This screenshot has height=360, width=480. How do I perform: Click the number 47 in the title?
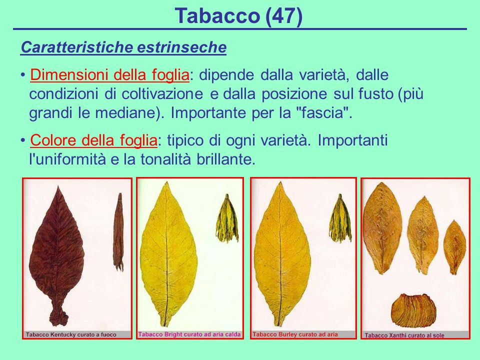(x=283, y=16)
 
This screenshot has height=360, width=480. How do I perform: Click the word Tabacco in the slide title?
(x=217, y=16)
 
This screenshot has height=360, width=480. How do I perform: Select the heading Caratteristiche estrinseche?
(x=123, y=47)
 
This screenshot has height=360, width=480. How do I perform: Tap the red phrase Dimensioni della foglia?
(x=109, y=75)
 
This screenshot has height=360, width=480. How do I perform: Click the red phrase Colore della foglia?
(x=93, y=140)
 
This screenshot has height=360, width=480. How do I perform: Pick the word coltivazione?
(x=162, y=93)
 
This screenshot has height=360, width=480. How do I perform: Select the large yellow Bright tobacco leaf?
(x=168, y=254)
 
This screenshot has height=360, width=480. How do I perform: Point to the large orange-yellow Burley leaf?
(x=281, y=254)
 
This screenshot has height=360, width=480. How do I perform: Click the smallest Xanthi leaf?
(x=455, y=247)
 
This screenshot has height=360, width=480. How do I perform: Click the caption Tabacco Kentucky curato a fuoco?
(x=71, y=334)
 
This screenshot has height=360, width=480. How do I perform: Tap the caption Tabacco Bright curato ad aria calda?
(x=189, y=334)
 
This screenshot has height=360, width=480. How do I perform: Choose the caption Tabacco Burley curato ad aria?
(x=295, y=334)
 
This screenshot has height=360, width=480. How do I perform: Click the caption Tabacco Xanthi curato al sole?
(x=404, y=335)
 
